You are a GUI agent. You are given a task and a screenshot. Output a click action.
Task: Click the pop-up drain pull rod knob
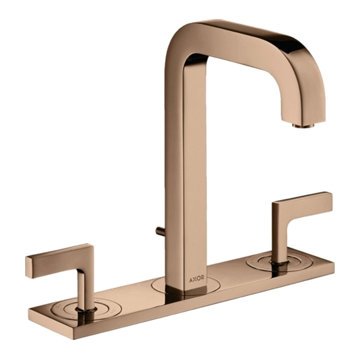[x=158, y=230]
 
